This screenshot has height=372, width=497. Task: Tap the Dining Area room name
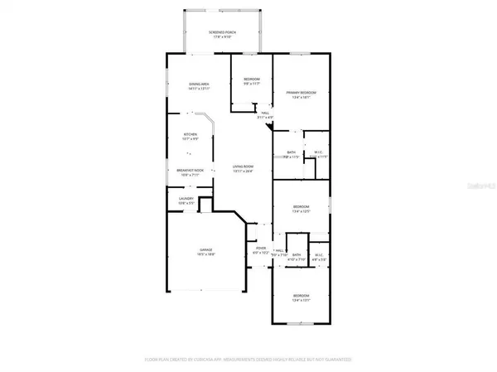(x=196, y=84)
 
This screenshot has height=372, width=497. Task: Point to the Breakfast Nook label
(x=190, y=170)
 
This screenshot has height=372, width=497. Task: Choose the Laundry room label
(x=186, y=198)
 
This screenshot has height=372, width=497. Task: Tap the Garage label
(x=205, y=249)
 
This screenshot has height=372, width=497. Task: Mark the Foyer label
(x=260, y=248)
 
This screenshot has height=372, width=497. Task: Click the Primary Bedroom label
(x=301, y=92)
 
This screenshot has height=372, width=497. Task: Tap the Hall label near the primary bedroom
(x=265, y=113)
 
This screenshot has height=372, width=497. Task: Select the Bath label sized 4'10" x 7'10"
(x=296, y=255)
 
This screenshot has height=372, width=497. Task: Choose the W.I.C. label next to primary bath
(x=319, y=152)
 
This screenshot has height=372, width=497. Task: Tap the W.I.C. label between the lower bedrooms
(x=319, y=255)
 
